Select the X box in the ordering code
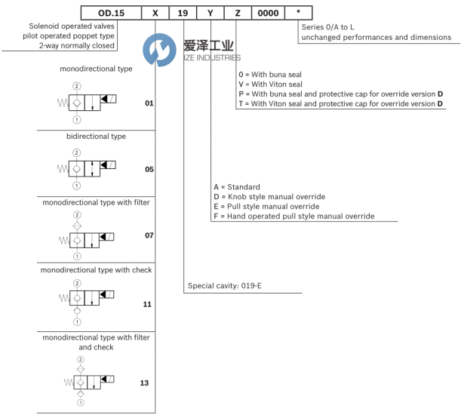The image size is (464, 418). pos(155,13)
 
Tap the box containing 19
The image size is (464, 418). pos(183,13)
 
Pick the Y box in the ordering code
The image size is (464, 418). pos(211,13)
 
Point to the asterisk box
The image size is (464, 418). pos(300,13)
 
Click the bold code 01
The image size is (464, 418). pos(149,102)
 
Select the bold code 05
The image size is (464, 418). pos(149,169)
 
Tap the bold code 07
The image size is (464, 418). pos(149,236)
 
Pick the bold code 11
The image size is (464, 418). pos(147,304)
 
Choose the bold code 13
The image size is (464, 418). pos(144,383)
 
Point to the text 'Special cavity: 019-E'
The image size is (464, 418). pos(223,286)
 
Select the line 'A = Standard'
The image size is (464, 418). pos(237,186)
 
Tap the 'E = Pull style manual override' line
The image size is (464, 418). pos(266,206)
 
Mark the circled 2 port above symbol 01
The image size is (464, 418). pos(76,87)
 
